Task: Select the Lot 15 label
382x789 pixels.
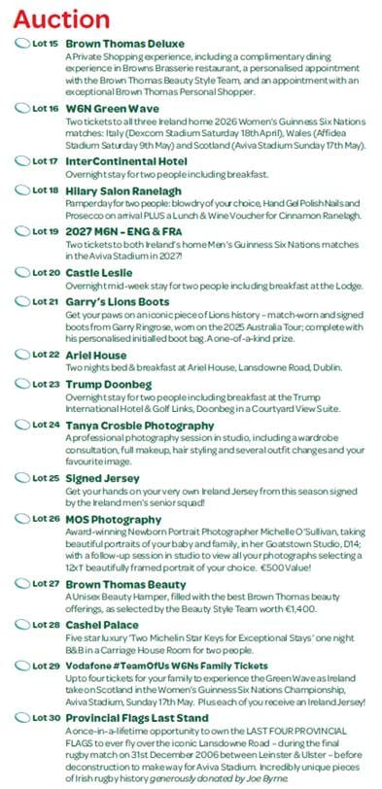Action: tap(45, 45)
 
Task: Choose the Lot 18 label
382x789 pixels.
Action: tap(45, 192)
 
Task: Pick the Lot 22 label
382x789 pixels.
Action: tap(45, 355)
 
